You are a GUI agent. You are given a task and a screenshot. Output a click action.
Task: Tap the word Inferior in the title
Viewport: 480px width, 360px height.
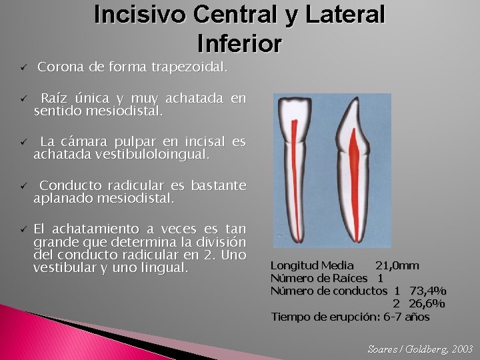tap(239, 43)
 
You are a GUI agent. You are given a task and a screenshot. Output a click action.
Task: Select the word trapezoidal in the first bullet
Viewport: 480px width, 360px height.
tap(189, 67)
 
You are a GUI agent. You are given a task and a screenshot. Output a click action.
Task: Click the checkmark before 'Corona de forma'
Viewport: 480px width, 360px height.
tap(22, 68)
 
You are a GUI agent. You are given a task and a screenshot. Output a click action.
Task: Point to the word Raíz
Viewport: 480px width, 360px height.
tap(55, 99)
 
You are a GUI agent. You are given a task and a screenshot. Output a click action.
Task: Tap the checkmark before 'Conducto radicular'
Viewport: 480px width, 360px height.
tap(22, 186)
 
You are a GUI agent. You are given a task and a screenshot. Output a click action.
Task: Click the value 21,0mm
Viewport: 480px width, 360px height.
tap(397, 265)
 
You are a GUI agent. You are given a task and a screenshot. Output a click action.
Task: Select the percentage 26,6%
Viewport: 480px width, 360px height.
tap(427, 303)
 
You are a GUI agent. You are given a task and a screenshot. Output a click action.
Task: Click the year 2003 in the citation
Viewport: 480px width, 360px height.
tap(462, 349)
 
